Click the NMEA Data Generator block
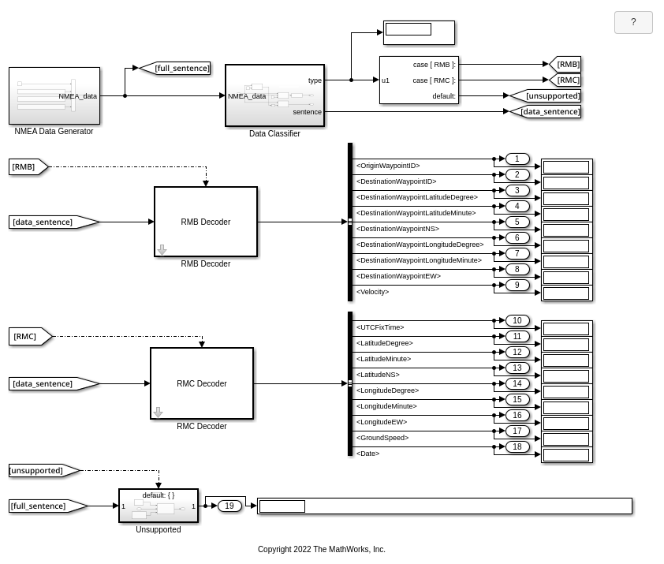54,95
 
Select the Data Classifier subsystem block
274,95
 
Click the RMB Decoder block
205,222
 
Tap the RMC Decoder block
201,383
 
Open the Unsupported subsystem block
158,506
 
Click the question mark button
632,22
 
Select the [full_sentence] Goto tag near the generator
178,69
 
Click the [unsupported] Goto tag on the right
548,96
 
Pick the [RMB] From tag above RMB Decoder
27,166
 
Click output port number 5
517,222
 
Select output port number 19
229,506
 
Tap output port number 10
517,320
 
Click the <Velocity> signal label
372,292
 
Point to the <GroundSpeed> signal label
382,438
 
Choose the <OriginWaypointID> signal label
388,166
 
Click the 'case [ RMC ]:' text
434,80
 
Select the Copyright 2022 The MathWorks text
321,549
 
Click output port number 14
517,383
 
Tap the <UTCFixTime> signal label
380,327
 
